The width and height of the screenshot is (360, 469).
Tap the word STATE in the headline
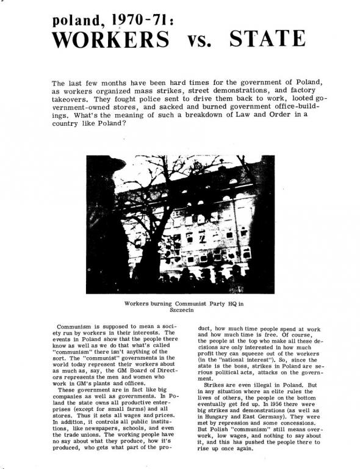point(267,40)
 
